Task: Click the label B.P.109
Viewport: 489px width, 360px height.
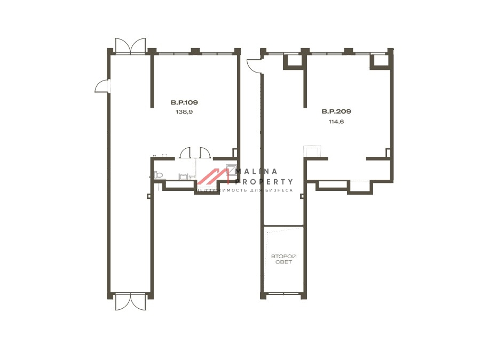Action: [184, 102]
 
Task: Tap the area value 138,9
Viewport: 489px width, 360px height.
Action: [184, 111]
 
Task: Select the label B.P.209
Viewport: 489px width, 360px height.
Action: [336, 111]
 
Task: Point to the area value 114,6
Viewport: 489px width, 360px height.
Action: [336, 122]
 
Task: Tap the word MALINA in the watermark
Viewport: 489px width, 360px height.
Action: [256, 171]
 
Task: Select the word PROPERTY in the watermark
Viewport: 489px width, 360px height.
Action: [264, 181]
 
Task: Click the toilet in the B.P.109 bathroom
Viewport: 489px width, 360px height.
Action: [158, 175]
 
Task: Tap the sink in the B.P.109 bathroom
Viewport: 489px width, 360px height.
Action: [183, 177]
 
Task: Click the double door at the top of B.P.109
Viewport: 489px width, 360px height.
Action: [130, 45]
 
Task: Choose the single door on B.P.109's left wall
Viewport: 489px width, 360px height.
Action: [102, 86]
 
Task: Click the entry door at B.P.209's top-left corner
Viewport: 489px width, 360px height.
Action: [254, 66]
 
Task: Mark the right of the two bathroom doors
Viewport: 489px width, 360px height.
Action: [204, 153]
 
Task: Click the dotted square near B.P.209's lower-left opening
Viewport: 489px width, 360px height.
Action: [312, 151]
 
